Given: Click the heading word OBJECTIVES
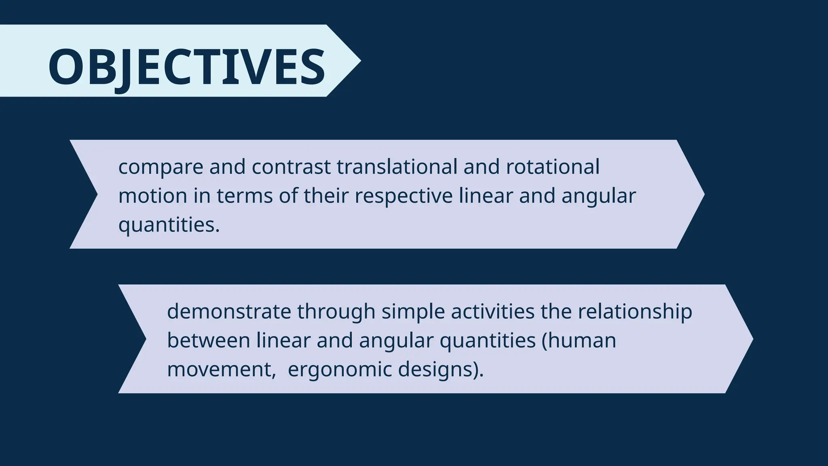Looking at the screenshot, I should coord(186,67).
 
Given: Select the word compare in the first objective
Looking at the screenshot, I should coord(161,167).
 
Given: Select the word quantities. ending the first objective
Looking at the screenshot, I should coord(169,225).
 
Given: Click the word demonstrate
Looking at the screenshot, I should coord(229,311).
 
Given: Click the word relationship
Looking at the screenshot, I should coord(635,312).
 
